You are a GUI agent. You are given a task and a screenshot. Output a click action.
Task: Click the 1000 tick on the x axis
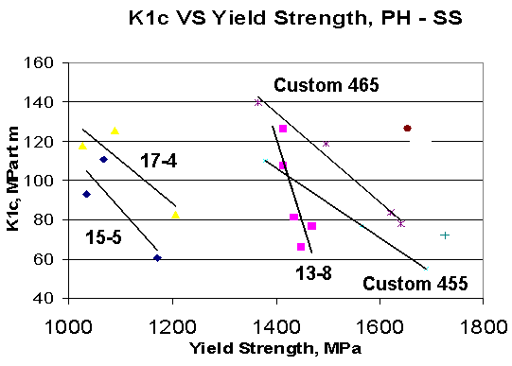coord(68,322)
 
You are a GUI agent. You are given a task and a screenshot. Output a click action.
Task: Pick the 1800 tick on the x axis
coord(483,322)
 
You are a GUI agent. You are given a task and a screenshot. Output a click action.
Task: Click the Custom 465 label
coord(327,85)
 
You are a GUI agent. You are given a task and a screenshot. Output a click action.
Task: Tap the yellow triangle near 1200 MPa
coord(175,215)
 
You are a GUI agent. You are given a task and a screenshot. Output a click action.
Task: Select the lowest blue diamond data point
coord(157,257)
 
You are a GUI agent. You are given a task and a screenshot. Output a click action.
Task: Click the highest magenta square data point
coord(283,129)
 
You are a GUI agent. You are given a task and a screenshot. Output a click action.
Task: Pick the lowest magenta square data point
coord(301,247)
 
